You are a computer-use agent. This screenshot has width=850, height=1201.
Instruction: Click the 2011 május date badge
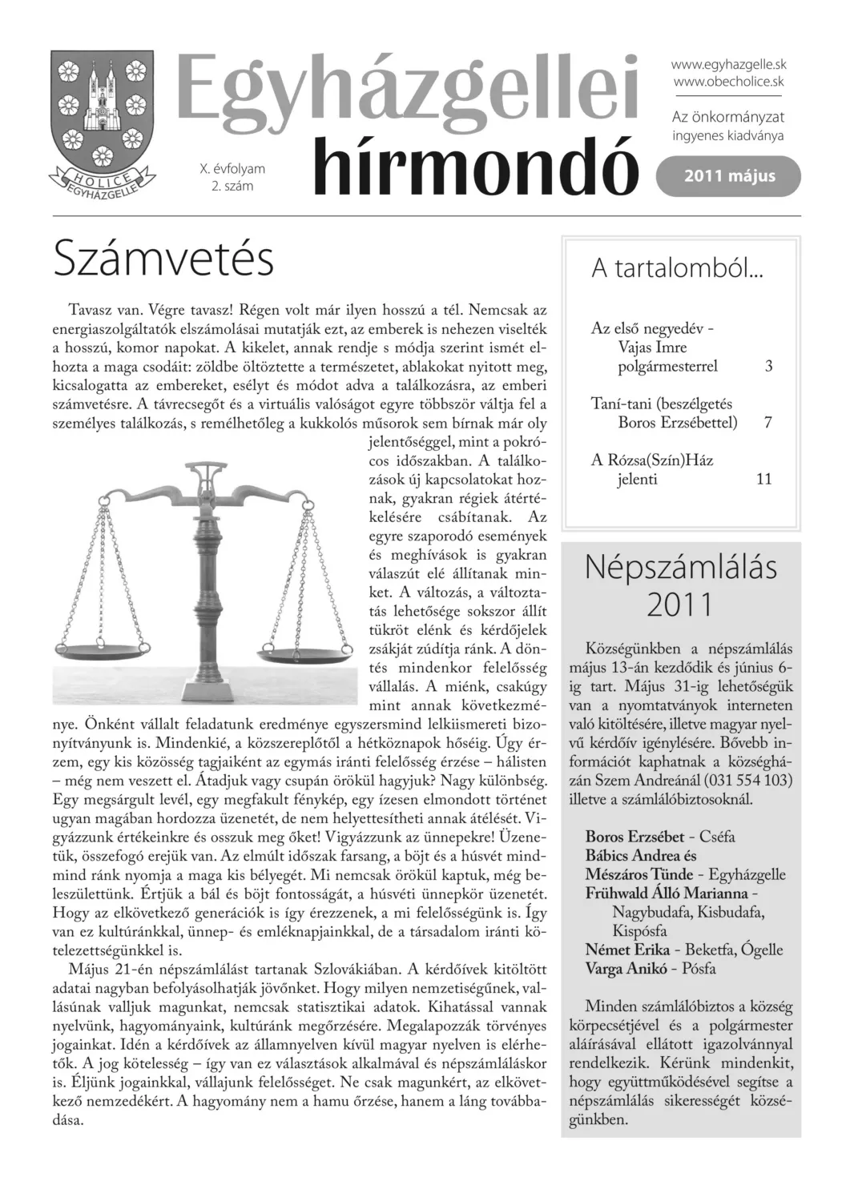click(x=728, y=176)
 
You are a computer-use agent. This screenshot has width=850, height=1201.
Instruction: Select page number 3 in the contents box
click(x=768, y=367)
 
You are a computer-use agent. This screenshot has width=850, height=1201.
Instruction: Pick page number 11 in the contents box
click(x=763, y=479)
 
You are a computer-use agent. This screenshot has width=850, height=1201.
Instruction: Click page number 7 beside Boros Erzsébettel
click(x=768, y=422)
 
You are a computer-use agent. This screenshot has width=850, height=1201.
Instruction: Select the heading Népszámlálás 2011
click(x=680, y=584)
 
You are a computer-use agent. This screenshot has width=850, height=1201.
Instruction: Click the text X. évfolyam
click(x=232, y=169)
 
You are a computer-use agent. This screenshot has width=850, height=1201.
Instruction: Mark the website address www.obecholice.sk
click(x=727, y=82)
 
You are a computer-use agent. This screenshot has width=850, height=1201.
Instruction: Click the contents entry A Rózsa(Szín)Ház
click(x=651, y=460)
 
